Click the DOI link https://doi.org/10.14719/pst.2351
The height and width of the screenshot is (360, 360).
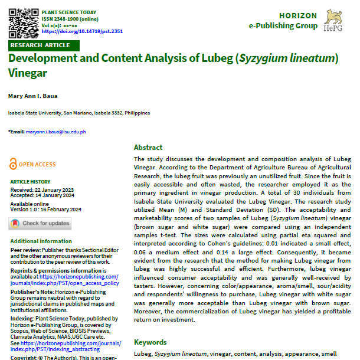click(82, 31)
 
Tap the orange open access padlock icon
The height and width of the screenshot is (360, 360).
click(14, 165)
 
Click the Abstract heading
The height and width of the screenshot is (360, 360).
click(148, 148)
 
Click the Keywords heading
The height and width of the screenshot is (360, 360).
click(150, 342)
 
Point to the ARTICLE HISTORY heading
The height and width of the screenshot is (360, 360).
click(31, 182)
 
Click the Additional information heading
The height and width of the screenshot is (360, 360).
click(41, 241)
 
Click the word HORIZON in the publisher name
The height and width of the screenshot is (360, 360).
click(297, 16)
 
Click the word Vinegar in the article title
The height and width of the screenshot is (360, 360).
click(27, 73)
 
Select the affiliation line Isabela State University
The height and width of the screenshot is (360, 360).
click(79, 113)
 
